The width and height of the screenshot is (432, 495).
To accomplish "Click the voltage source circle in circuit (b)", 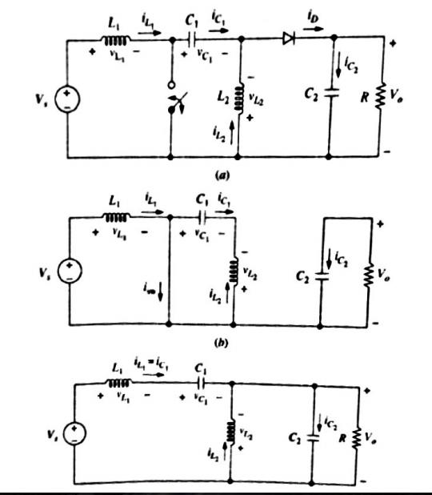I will (70, 268).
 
